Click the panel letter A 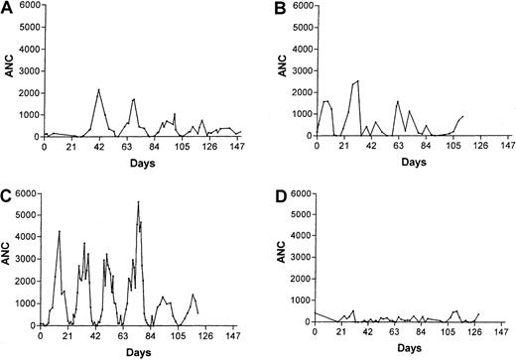(x=7, y=8)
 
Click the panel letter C (x=7, y=190)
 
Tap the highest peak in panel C (x=139, y=202)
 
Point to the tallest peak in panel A (x=99, y=89)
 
